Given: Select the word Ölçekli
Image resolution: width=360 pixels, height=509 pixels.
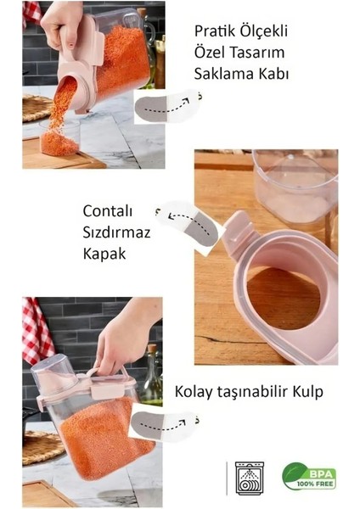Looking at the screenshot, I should tap(264, 31).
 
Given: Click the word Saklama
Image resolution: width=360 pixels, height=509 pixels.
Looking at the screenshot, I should tap(226, 73).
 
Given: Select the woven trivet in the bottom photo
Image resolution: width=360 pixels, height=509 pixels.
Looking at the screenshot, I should tap(38, 445).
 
